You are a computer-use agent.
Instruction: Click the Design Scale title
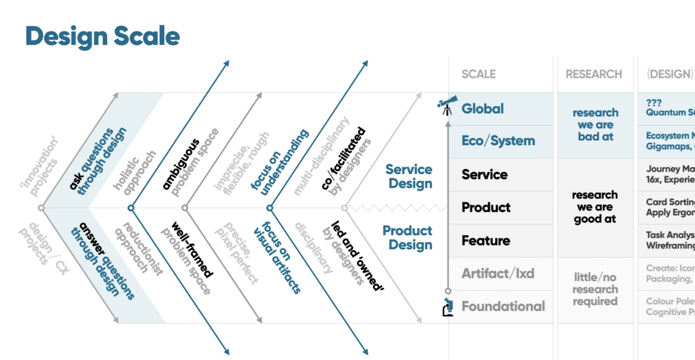103,36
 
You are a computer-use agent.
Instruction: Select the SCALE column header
478,74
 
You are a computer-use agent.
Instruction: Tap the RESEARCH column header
594,74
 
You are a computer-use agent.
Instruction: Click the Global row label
482,109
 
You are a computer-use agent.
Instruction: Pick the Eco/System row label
498,141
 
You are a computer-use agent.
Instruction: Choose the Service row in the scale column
484,175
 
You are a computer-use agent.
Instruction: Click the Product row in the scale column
486,208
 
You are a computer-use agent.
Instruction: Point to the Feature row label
486,241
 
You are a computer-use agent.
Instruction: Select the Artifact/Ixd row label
498,274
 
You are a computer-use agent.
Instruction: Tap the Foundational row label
503,307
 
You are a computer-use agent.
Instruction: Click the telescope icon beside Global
447,105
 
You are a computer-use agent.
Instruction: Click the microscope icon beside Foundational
448,307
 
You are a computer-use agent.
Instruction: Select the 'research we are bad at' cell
595,125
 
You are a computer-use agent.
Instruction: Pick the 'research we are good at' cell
595,207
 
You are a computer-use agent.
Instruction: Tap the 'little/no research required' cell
595,289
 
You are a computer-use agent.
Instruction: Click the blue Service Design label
409,176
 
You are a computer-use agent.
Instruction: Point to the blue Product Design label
408,237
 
